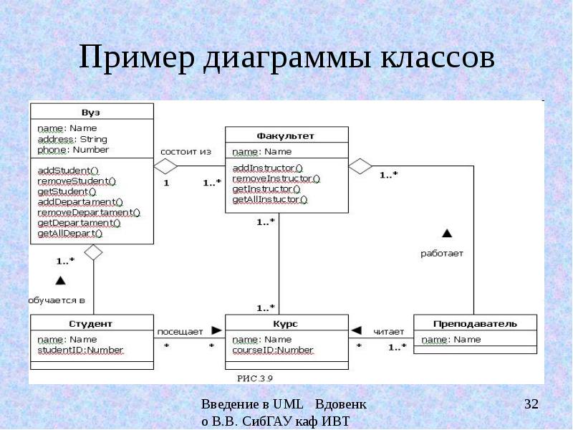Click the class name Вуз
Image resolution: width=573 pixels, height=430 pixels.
point(90,112)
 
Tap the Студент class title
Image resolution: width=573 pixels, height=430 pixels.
point(90,324)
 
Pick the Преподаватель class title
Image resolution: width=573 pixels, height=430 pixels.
point(474,324)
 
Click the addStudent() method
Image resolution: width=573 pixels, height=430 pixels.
point(67,170)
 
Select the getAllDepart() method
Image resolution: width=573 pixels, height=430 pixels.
point(69,233)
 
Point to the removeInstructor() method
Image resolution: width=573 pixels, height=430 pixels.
point(276,178)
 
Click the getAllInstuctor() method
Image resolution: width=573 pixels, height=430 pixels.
point(270,199)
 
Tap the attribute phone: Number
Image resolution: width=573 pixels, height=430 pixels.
point(73,150)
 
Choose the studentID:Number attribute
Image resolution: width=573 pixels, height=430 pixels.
point(80,350)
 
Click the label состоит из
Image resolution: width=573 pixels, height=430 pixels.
point(186,152)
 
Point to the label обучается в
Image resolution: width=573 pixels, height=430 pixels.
point(57,300)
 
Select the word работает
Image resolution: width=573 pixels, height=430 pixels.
point(442,253)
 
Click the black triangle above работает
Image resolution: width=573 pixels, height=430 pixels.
point(447,233)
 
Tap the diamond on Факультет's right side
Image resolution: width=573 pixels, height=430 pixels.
point(360,166)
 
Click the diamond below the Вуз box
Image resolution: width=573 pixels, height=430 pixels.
point(94,252)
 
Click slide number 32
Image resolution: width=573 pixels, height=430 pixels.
point(531,405)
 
